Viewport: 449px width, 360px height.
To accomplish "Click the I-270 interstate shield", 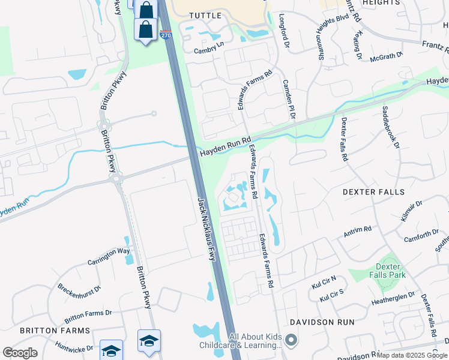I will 166,35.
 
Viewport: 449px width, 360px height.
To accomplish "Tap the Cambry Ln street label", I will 208,51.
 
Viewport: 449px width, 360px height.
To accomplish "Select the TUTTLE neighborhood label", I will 205,15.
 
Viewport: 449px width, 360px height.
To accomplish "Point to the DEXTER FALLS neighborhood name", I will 373,192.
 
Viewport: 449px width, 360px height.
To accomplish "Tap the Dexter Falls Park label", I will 390,271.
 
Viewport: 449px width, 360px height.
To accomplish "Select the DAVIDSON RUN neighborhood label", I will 322,322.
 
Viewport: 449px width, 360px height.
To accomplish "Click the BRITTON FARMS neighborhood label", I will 55,331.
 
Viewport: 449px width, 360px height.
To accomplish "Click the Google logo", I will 20,353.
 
